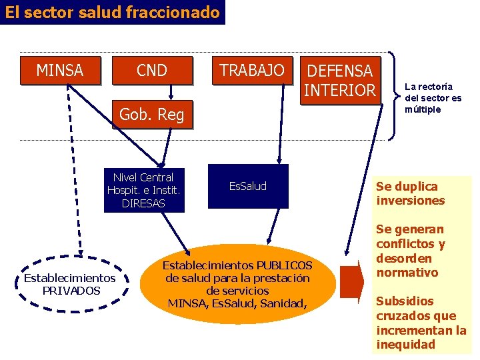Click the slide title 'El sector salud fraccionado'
[x=113, y=12]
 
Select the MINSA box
[x=60, y=70]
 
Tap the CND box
[x=152, y=70]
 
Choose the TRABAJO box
[x=252, y=70]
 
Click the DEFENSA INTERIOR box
[x=340, y=80]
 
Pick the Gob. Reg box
[x=151, y=115]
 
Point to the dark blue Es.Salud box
[x=248, y=186]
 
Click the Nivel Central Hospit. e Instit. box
[x=144, y=190]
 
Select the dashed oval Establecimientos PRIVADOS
[x=70, y=284]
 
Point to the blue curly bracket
[x=395, y=97]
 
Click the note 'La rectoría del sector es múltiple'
[x=433, y=98]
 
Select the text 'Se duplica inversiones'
[x=410, y=193]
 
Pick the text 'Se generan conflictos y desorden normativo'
[x=410, y=251]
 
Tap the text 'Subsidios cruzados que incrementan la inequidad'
[x=421, y=323]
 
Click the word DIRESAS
[x=144, y=203]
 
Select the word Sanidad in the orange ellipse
[x=284, y=303]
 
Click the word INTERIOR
[x=340, y=90]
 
